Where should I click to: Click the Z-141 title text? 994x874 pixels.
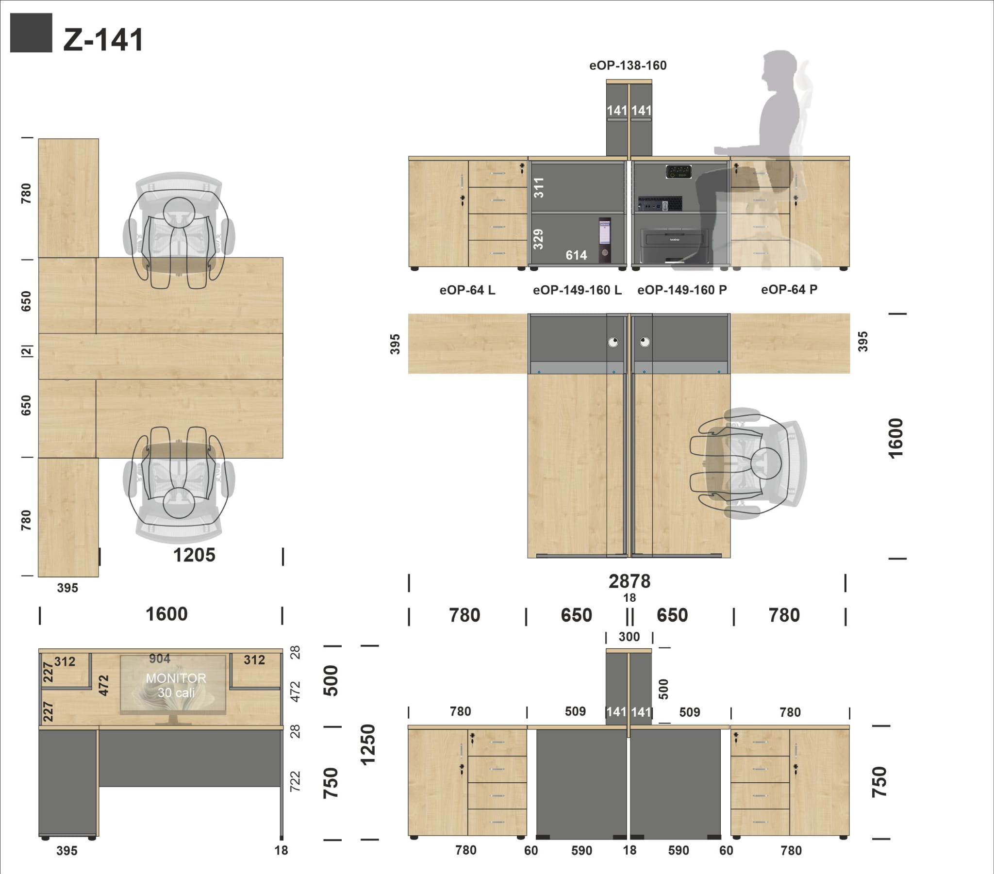(103, 39)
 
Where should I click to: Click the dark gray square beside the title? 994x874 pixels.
(31, 33)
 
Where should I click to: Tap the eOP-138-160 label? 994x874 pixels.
(628, 65)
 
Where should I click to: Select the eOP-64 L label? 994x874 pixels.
(467, 290)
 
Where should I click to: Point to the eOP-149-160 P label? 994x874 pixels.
(682, 290)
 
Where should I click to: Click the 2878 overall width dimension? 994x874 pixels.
(630, 581)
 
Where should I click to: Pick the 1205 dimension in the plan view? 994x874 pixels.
(194, 555)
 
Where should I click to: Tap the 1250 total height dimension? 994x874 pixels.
(368, 744)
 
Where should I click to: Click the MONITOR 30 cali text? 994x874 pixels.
(176, 685)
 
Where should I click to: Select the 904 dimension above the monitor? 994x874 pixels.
(160, 659)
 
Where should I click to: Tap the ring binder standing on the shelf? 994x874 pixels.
(604, 240)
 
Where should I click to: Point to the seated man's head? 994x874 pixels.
(779, 70)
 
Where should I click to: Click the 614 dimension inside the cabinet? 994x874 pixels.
(576, 255)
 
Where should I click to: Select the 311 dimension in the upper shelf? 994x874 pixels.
(539, 188)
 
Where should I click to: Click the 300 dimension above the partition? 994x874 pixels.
(629, 637)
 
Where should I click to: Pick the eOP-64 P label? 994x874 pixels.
(789, 289)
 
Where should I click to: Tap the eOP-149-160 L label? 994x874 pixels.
(577, 290)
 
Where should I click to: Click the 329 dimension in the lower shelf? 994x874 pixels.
(538, 239)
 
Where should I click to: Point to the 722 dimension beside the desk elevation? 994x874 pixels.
(295, 782)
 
